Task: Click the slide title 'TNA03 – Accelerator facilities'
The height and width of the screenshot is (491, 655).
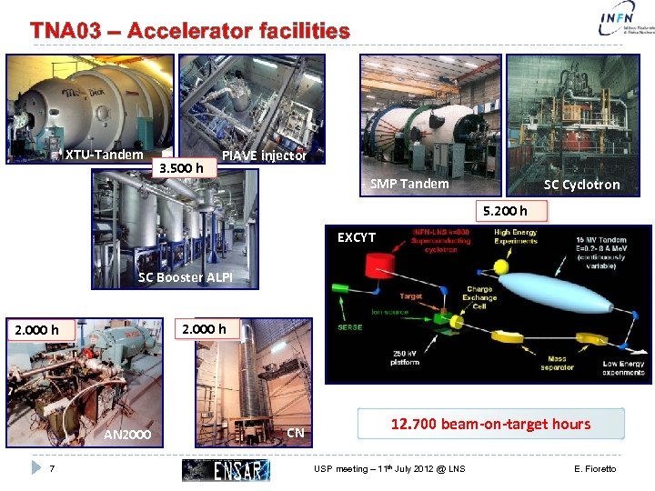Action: (189, 31)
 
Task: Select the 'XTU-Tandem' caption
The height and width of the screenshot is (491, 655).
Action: (104, 155)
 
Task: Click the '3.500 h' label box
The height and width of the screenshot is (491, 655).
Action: (180, 167)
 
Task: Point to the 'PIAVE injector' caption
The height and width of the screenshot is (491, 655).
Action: (264, 155)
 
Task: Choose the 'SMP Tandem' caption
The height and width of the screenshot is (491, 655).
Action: (409, 184)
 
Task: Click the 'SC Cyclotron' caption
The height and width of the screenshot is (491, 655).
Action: (581, 185)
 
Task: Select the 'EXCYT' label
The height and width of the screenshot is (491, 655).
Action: (357, 237)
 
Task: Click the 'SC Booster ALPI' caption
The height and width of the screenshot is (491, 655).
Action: (185, 277)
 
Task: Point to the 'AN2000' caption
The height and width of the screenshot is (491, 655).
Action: (127, 436)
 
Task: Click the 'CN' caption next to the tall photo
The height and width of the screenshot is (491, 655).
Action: (295, 433)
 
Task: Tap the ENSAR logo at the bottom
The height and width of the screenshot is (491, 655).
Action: (226, 469)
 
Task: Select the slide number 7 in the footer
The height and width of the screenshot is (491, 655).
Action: (53, 469)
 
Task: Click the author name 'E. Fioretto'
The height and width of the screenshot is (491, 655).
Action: (595, 469)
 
